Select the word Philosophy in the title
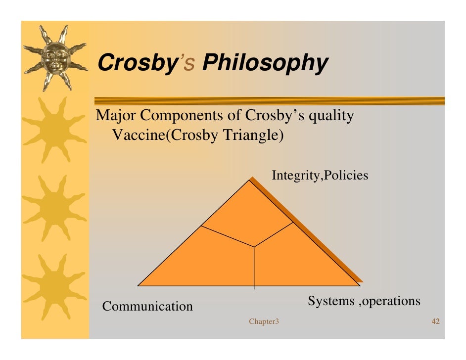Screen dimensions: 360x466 [265, 64]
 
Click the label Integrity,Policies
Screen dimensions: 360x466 [320, 175]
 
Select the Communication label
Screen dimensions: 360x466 [147, 307]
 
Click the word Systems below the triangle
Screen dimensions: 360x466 [331, 301]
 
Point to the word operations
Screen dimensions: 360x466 [391, 301]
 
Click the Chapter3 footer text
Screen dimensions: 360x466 [264, 322]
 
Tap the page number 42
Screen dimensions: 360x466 [436, 322]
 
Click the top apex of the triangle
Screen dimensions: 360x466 [250, 180]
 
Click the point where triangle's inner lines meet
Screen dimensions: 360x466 [254, 246]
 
